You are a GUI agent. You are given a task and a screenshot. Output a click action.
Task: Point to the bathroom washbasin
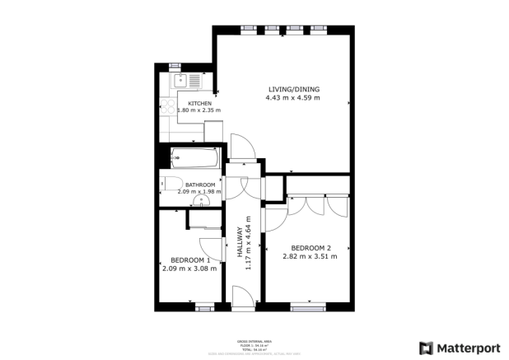point(200,199)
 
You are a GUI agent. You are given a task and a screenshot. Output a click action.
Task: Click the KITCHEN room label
point(189,104)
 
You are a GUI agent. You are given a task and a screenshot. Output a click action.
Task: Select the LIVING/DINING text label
point(292,89)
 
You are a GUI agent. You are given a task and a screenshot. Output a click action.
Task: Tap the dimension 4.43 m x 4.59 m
point(292,98)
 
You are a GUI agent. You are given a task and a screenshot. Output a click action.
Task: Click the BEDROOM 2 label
point(311,248)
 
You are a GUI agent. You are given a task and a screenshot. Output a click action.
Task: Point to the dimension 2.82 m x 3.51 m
point(311,257)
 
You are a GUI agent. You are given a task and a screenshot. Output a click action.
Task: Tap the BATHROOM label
point(200,185)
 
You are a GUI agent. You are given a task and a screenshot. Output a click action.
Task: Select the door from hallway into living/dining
point(243,147)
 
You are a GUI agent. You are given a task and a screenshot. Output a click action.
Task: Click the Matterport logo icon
point(426,348)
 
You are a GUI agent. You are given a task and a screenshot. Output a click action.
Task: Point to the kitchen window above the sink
point(175,64)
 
